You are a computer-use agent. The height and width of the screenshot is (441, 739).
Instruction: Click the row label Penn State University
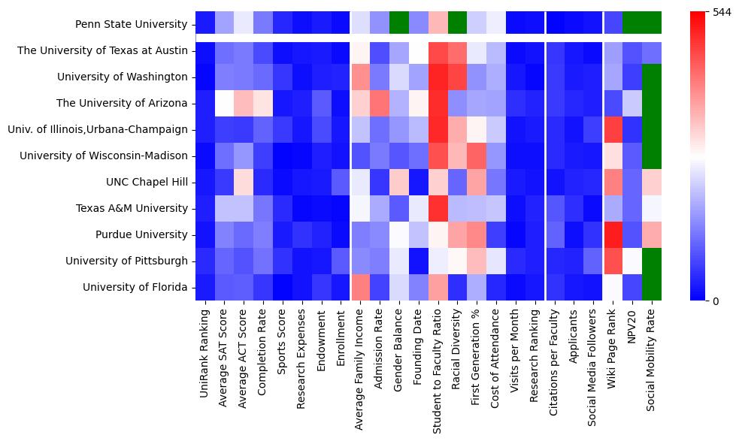pos(131,24)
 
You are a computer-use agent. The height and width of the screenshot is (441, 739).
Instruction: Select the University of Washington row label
pos(122,77)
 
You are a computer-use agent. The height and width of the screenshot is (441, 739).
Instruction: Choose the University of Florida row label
pos(135,287)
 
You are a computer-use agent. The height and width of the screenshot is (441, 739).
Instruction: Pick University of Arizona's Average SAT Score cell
pos(223,103)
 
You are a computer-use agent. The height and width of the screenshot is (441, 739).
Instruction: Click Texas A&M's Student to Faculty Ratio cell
pos(438,208)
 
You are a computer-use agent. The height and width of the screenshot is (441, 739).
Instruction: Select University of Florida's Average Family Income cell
pos(360,287)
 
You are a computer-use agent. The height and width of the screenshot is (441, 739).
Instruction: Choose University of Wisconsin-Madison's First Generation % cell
pos(477,156)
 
